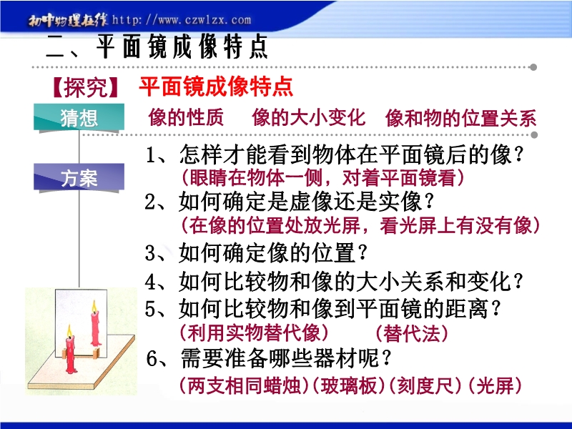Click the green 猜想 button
pyautogui.click(x=79, y=117)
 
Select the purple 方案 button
pyautogui.click(x=79, y=177)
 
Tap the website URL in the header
pyautogui.click(x=182, y=20)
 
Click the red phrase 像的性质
pyautogui.click(x=186, y=118)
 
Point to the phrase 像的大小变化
pyautogui.click(x=308, y=118)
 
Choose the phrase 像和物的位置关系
pyautogui.click(x=460, y=118)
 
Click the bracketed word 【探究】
pyautogui.click(x=85, y=87)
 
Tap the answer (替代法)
pyautogui.click(x=412, y=333)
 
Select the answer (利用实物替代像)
pyautogui.click(x=255, y=332)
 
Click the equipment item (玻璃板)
pyautogui.click(x=349, y=385)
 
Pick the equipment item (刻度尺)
pyautogui.click(x=425, y=385)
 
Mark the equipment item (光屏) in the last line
pyautogui.click(x=495, y=385)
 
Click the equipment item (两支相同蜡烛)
pyautogui.click(x=245, y=385)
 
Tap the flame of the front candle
pyautogui.click(x=69, y=331)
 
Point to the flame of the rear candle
pyautogui.click(x=94, y=307)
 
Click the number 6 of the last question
pyautogui.click(x=152, y=359)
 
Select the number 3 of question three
pyautogui.click(x=150, y=253)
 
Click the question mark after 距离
pyautogui.click(x=495, y=309)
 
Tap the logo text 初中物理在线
pyautogui.click(x=68, y=21)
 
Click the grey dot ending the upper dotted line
pyautogui.click(x=533, y=67)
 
